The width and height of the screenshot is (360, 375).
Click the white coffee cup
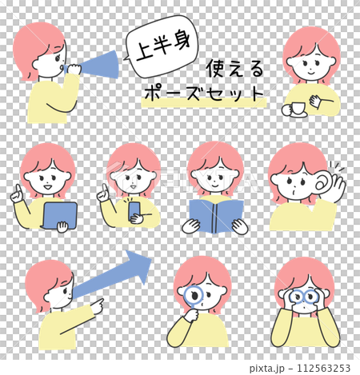[294, 109]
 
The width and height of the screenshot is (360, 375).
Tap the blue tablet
[61, 214]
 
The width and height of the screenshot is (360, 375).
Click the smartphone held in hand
[134, 209]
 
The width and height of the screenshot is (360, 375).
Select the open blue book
[215, 214]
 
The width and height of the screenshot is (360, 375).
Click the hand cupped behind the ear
[332, 185]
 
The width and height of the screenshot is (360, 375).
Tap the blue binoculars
[305, 298]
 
